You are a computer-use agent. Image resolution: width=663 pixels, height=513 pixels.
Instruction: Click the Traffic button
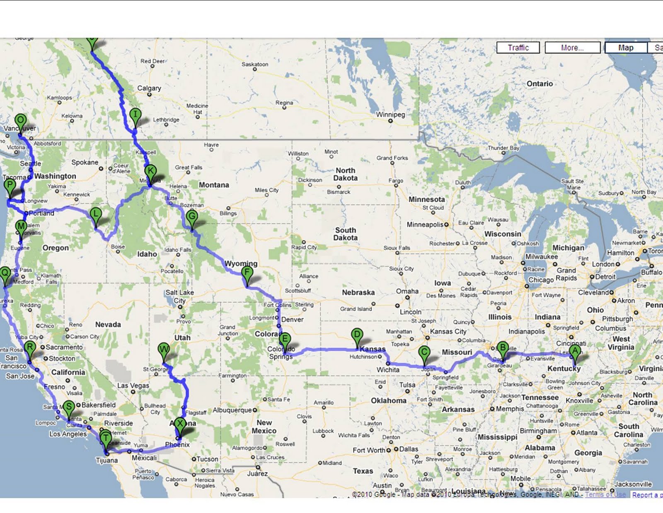coord(518,48)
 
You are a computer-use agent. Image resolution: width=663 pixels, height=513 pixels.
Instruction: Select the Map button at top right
coord(626,48)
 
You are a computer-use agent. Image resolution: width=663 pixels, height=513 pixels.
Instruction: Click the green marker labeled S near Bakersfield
coord(69,408)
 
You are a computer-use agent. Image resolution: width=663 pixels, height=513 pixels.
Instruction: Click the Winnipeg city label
coord(390,115)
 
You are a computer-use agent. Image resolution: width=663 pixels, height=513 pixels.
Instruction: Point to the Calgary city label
coord(149,88)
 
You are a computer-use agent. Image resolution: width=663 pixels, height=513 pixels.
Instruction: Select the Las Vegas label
coord(133,386)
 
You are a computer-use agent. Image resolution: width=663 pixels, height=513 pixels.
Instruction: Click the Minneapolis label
coord(425,225)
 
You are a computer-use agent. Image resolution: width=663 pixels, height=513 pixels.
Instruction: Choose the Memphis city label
coord(510,409)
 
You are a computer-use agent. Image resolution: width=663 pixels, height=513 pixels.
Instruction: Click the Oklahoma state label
coord(388,401)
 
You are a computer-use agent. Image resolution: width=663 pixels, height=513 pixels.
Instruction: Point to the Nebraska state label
coord(358,292)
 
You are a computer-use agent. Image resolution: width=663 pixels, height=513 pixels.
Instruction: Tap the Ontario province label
coord(540,84)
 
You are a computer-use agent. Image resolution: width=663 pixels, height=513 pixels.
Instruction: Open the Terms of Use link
coord(605,494)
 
